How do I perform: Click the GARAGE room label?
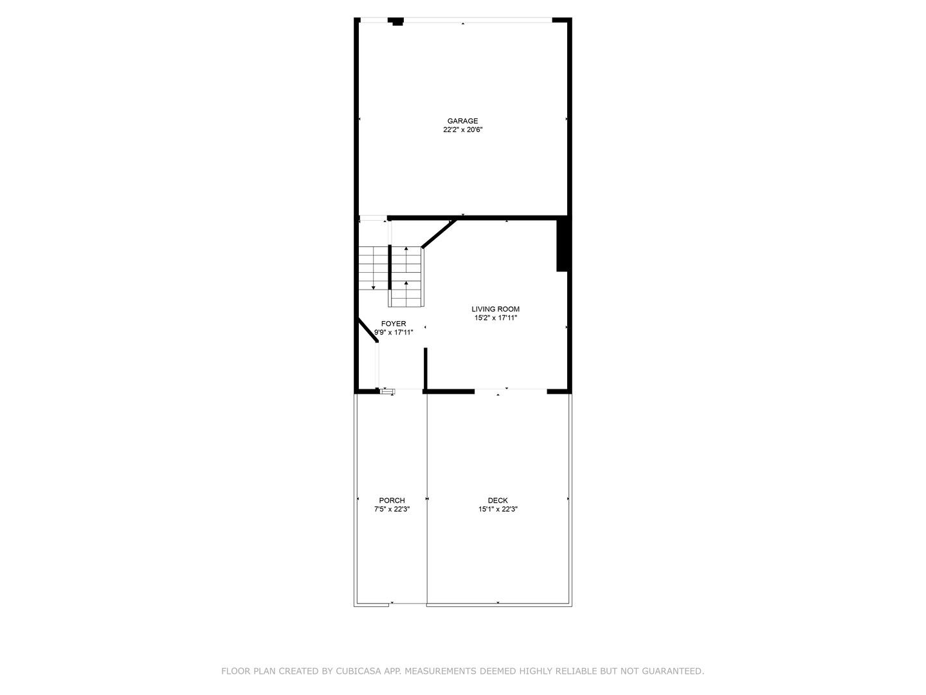[x=462, y=121]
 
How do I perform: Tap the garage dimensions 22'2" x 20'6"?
[x=462, y=130]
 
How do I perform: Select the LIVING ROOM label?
[x=495, y=309]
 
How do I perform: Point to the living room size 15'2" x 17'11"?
[x=495, y=318]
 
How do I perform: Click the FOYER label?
[x=394, y=324]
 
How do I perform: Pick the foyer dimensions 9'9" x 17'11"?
[x=394, y=333]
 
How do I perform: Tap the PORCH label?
[x=392, y=501]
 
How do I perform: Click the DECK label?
[x=498, y=501]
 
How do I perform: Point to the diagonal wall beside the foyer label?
[x=367, y=331]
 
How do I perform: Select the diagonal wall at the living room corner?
[x=439, y=233]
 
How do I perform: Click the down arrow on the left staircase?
[x=373, y=287]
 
